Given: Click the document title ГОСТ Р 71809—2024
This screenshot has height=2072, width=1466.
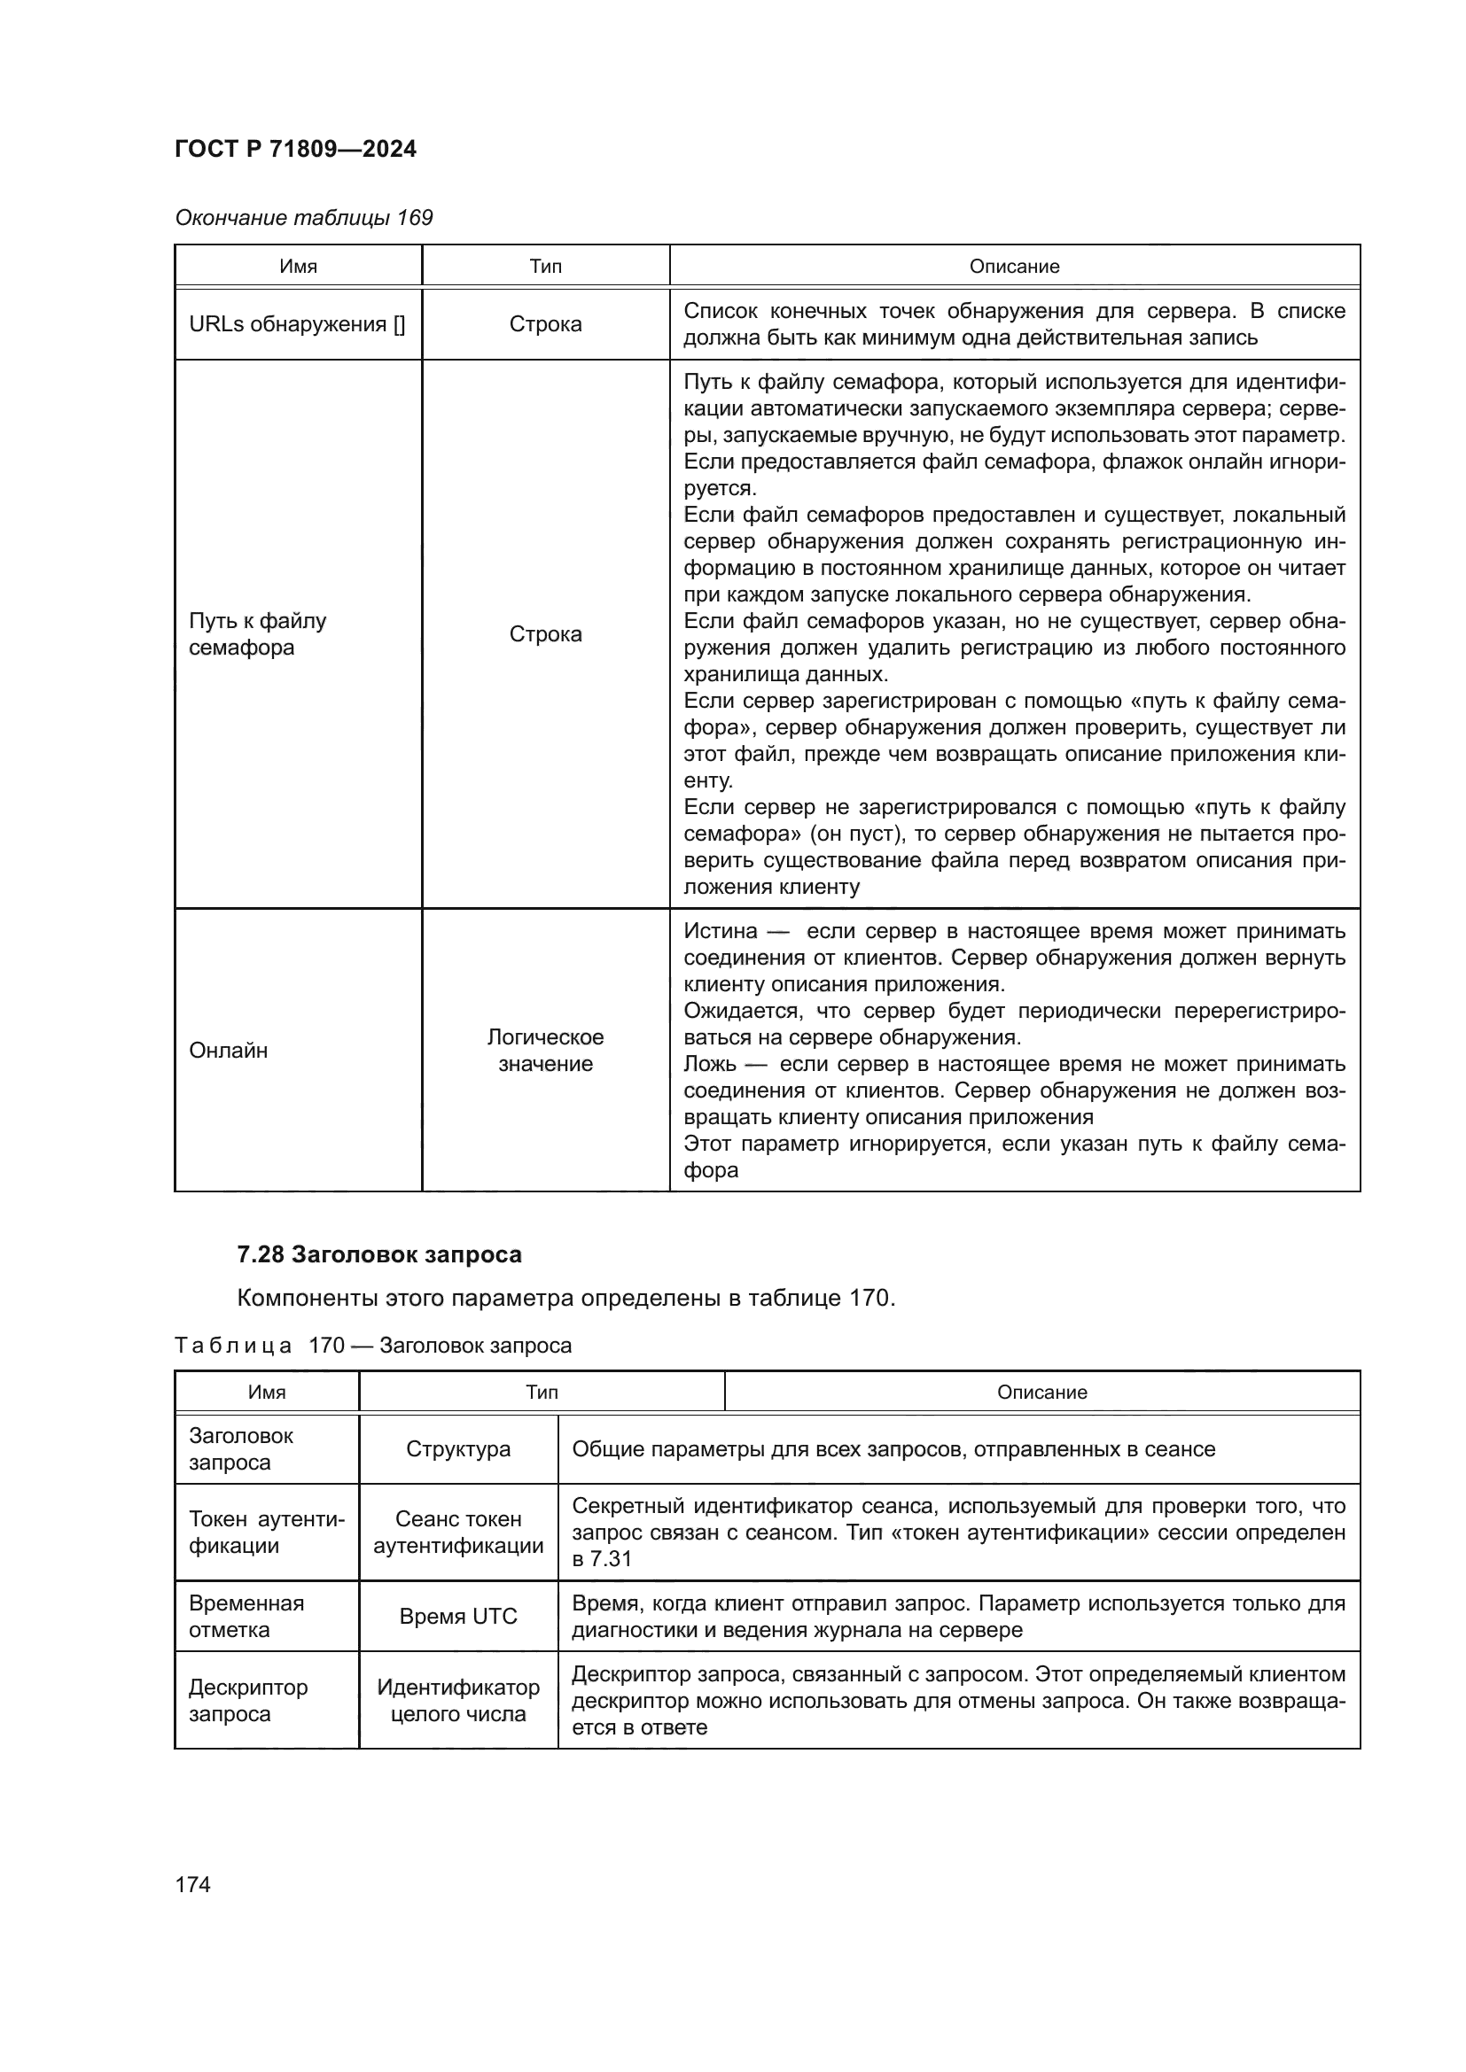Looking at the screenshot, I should (x=295, y=149).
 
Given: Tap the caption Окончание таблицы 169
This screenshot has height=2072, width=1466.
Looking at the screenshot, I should (x=303, y=218).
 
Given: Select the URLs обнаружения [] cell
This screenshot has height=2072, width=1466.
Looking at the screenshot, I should (x=297, y=324).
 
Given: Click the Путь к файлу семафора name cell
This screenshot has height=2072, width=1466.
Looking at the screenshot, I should (x=257, y=633).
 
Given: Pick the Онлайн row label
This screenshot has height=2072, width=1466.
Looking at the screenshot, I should (x=229, y=1050).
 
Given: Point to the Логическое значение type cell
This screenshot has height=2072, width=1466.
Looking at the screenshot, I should (x=545, y=1050).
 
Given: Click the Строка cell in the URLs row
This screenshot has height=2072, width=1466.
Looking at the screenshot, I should (x=545, y=324).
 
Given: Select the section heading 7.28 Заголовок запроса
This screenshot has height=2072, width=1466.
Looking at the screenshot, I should (x=379, y=1254).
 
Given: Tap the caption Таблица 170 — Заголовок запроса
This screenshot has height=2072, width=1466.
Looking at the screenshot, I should (x=373, y=1346).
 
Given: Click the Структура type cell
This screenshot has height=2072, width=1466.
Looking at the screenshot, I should (x=457, y=1448).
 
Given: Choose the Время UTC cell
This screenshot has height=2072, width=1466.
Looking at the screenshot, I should (x=457, y=1617).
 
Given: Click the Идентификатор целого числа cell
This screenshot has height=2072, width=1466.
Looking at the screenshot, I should (x=457, y=1700).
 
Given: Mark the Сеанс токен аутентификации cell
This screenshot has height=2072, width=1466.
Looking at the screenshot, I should (x=457, y=1533).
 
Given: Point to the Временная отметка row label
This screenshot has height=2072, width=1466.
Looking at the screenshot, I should (x=246, y=1617).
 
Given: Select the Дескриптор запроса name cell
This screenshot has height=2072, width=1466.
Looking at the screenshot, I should (x=248, y=1700).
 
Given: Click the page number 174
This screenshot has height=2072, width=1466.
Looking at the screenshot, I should (x=192, y=1884).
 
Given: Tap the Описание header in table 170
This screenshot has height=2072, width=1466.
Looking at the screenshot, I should (x=1041, y=1393).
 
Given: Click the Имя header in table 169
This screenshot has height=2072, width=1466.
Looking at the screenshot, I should (x=298, y=267).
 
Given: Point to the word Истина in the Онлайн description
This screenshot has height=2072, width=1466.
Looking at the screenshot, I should (x=721, y=931).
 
